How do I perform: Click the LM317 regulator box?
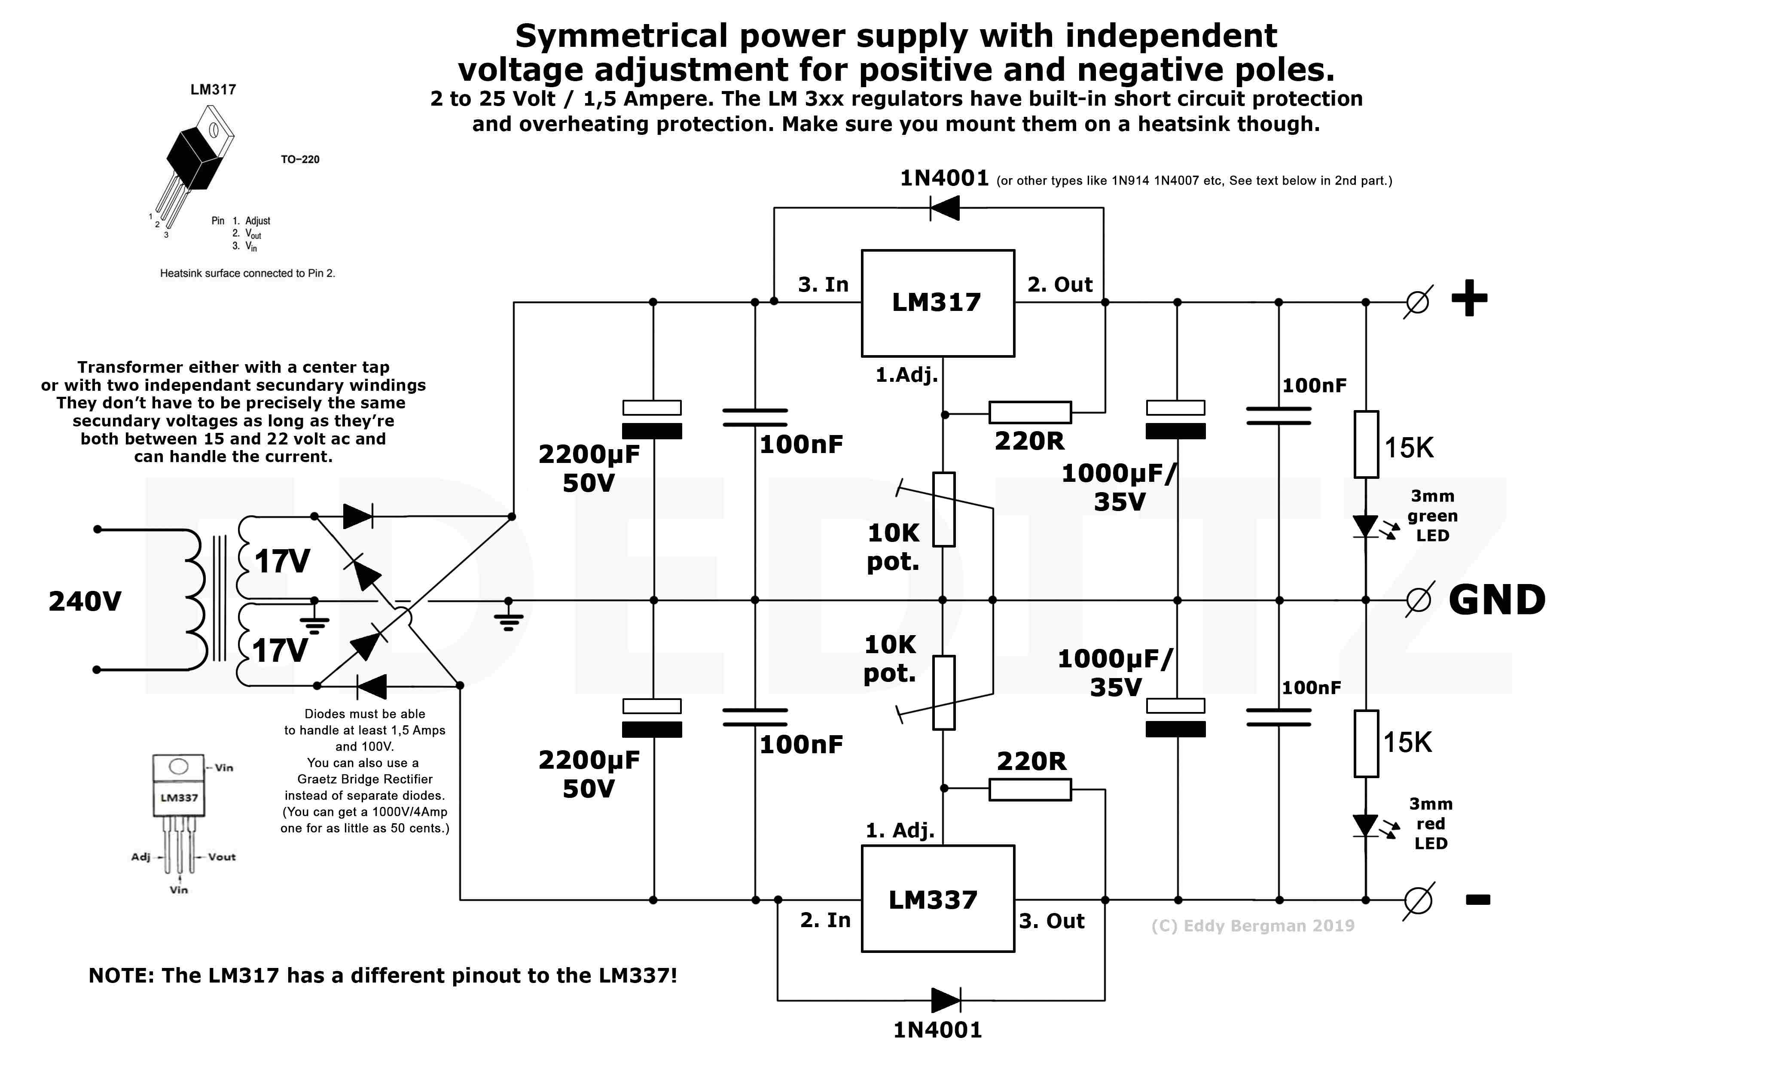tap(937, 303)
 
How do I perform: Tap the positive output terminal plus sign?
tap(1469, 298)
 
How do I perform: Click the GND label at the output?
tap(1497, 600)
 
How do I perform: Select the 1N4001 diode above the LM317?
tap(945, 208)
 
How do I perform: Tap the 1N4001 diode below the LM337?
tap(946, 1000)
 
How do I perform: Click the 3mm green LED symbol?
tap(1365, 526)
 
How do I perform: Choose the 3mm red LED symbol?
tap(1365, 825)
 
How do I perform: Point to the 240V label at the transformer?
tap(85, 601)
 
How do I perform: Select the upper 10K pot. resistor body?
tap(943, 510)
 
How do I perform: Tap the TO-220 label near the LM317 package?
tap(299, 159)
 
